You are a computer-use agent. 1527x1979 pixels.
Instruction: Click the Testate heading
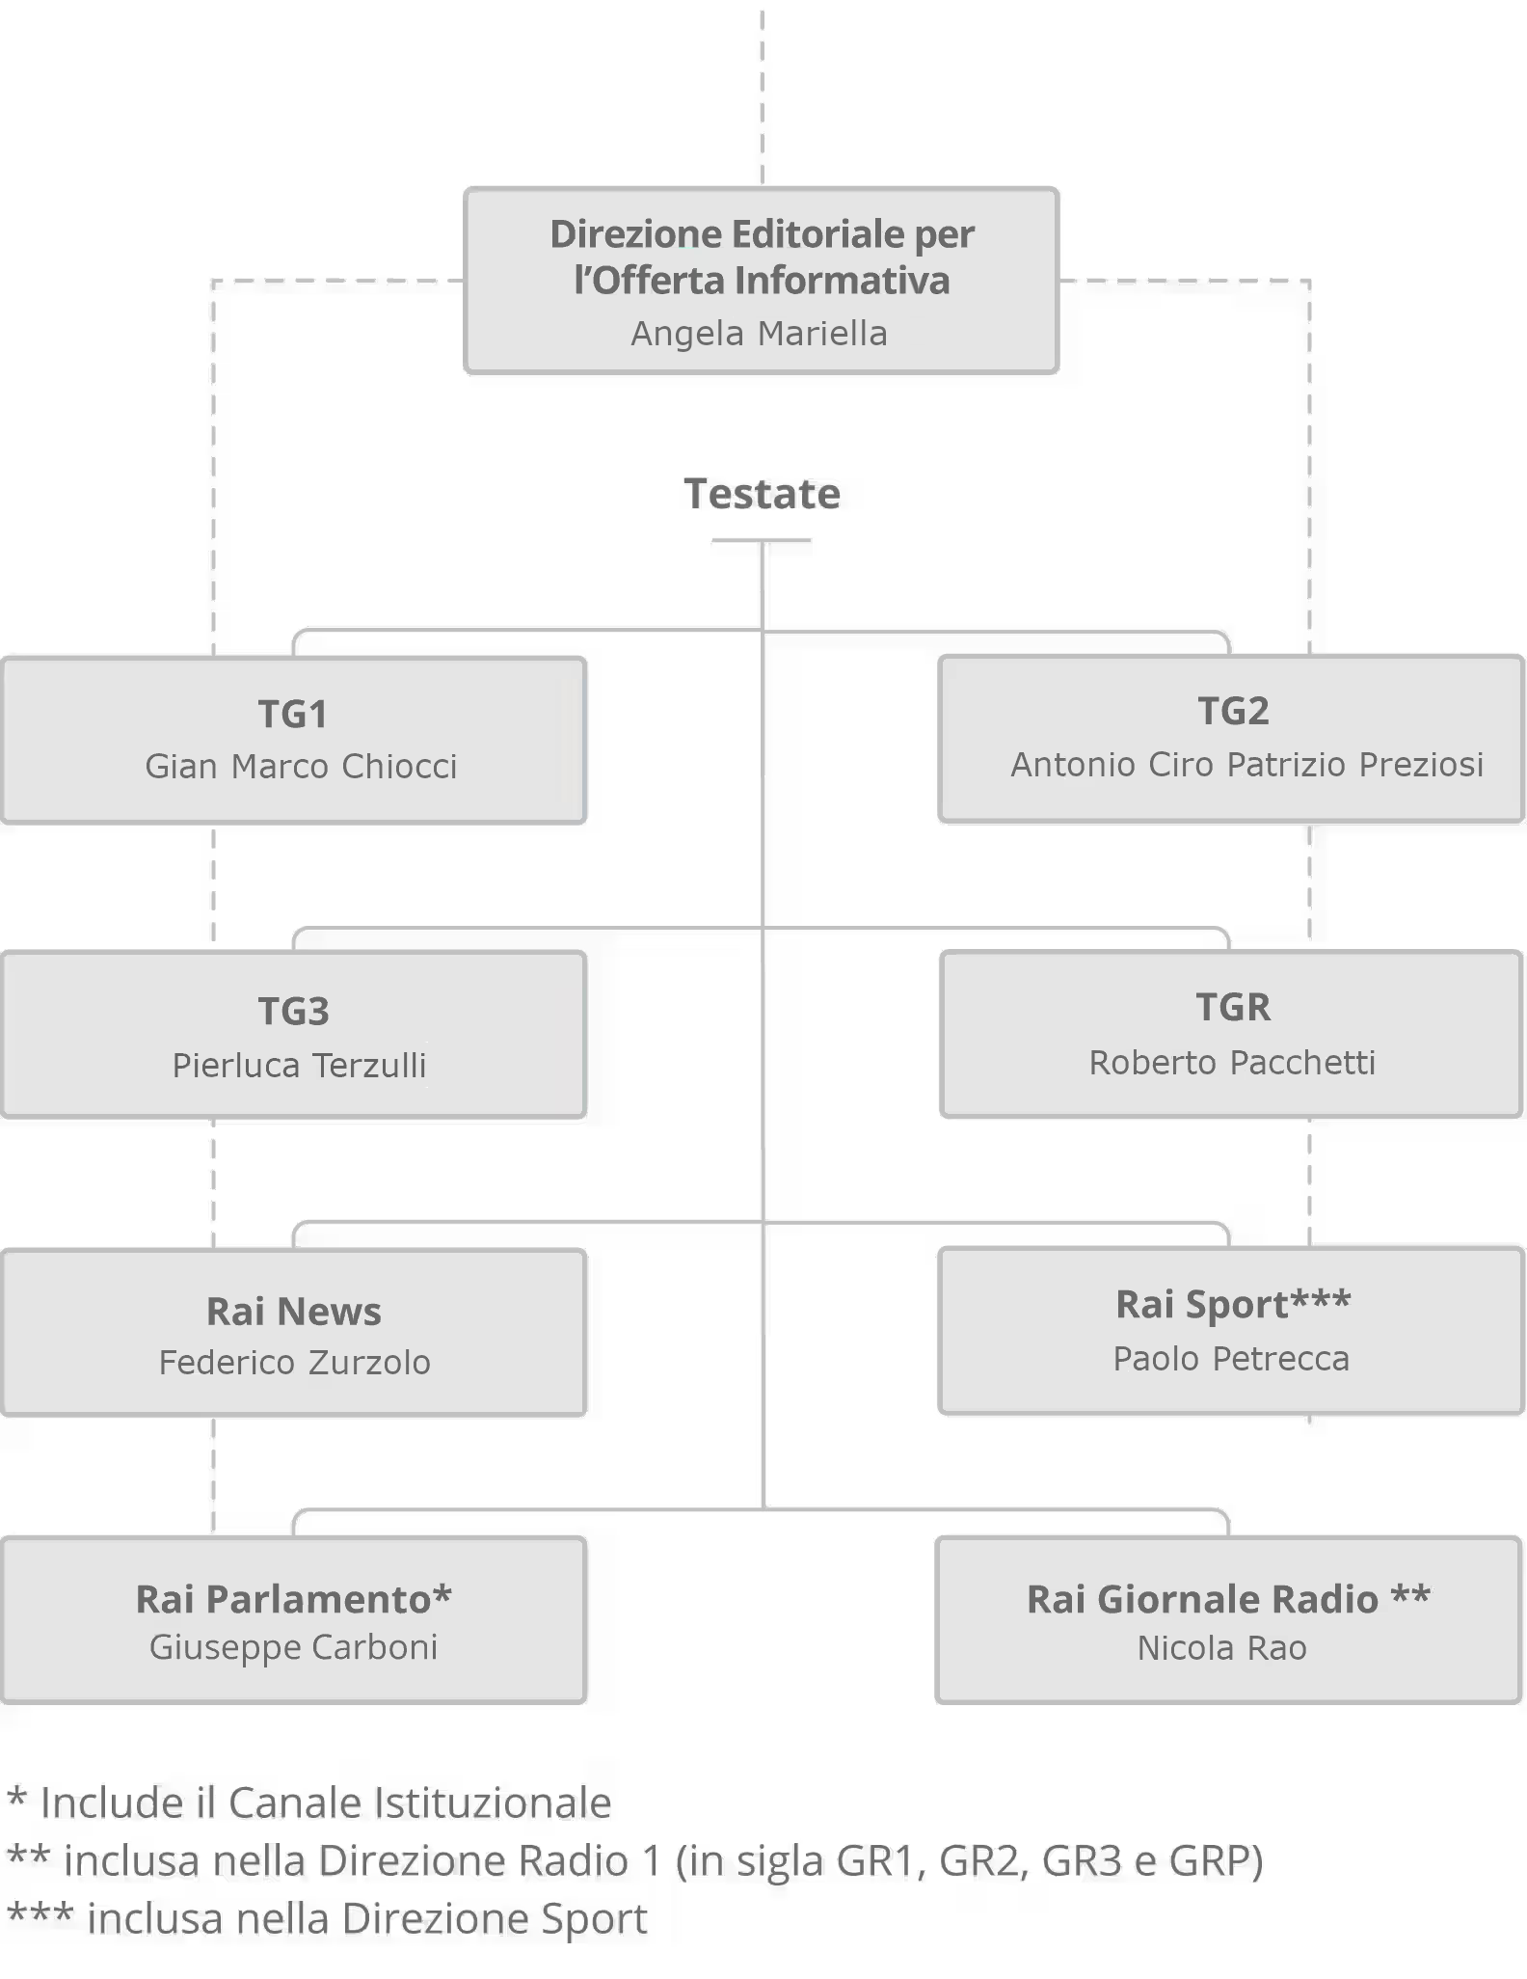click(762, 494)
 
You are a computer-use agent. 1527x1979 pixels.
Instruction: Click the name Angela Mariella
click(760, 334)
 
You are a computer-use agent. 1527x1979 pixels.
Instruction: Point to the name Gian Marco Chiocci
click(301, 767)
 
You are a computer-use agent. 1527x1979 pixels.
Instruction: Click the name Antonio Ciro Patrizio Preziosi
click(1246, 765)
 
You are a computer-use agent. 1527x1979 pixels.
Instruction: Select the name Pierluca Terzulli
click(299, 1066)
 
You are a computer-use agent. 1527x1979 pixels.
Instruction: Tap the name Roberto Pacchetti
click(1232, 1063)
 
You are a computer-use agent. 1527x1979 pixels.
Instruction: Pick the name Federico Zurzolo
click(294, 1363)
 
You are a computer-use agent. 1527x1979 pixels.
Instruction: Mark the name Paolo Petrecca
click(1231, 1359)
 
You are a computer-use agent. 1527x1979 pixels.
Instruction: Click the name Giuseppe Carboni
click(293, 1647)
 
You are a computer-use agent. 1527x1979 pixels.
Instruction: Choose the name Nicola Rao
click(1221, 1648)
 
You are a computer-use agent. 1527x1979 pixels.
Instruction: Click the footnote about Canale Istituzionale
click(309, 1803)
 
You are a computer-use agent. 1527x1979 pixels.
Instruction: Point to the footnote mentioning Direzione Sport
click(328, 1918)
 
